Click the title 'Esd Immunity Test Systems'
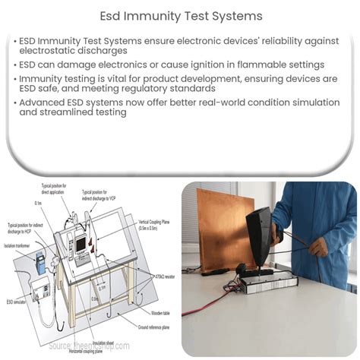tap(180, 15)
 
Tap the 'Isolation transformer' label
tap(19, 247)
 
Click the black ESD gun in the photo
tap(266, 228)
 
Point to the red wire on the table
tap(209, 304)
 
